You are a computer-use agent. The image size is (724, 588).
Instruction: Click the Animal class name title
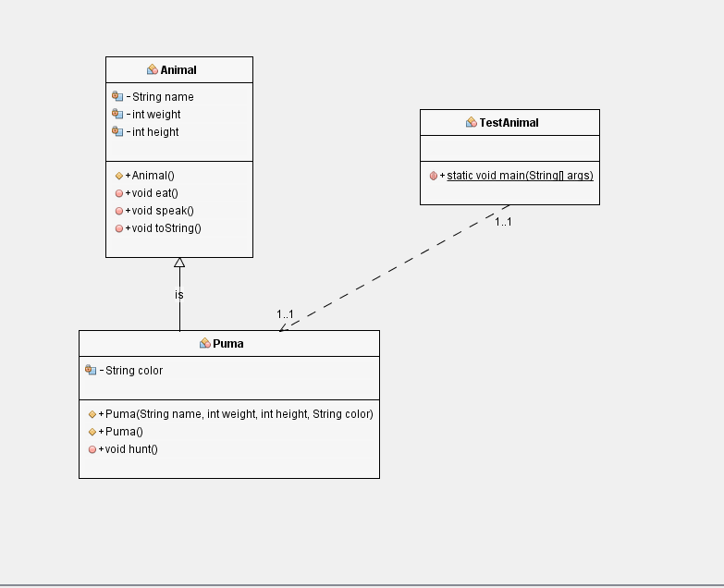(178, 70)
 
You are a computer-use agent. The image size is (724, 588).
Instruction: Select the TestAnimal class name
(509, 123)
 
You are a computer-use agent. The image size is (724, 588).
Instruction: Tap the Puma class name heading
(228, 344)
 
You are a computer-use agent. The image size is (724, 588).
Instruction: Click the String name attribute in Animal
(162, 97)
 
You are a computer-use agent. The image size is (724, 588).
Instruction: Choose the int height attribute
(154, 132)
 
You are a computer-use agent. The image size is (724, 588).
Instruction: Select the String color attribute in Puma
(133, 371)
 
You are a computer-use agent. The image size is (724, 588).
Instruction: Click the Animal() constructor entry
(153, 176)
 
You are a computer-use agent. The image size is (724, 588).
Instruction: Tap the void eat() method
(154, 193)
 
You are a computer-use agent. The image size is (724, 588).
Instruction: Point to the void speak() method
(162, 211)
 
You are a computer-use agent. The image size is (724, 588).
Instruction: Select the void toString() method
(166, 228)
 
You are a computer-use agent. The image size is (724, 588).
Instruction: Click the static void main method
(520, 176)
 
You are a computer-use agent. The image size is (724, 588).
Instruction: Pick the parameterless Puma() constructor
(124, 432)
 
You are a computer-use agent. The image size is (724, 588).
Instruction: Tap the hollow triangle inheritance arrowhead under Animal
(179, 263)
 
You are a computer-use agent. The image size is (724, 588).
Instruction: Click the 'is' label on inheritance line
(179, 295)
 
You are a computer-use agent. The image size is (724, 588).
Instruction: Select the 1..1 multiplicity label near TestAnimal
(503, 222)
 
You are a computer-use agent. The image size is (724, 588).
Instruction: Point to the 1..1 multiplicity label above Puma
(285, 315)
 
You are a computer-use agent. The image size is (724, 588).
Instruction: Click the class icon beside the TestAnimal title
(471, 123)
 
